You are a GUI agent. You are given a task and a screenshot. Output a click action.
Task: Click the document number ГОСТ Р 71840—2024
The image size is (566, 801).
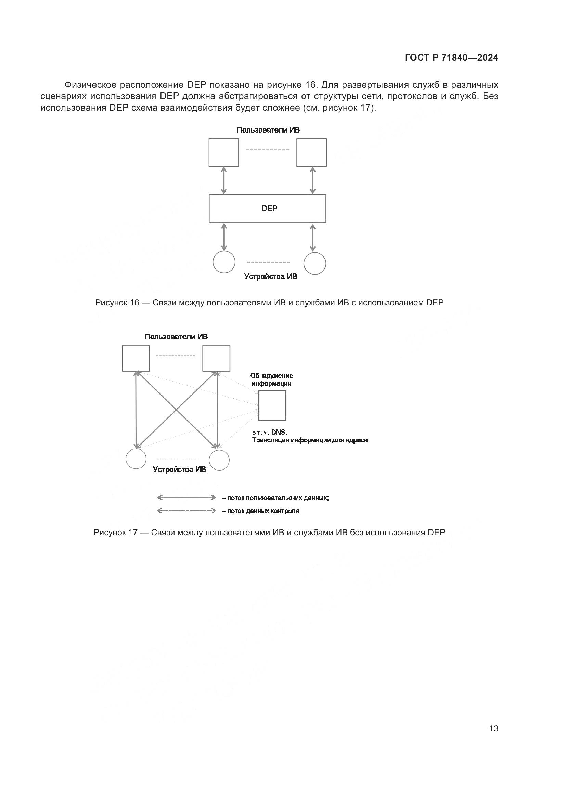coord(451,58)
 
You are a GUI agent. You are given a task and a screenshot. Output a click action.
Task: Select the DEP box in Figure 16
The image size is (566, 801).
coord(267,208)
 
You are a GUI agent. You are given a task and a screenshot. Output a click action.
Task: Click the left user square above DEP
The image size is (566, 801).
coord(224,152)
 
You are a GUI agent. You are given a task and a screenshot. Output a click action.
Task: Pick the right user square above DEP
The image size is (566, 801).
coord(312,152)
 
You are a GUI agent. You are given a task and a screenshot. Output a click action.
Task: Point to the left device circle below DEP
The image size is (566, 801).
coord(224,262)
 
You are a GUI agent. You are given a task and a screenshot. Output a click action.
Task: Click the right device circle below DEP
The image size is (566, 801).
coord(315,263)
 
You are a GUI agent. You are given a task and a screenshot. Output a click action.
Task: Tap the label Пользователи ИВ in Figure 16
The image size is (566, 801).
coord(268,130)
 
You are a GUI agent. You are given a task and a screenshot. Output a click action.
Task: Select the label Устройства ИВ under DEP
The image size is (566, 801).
coord(270,277)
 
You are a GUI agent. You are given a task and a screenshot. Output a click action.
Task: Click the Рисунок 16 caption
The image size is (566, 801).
coord(269,303)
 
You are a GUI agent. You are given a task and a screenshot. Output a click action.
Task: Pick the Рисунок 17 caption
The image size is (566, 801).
coord(269,533)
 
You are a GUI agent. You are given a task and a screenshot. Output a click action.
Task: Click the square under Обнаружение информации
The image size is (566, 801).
coord(272,405)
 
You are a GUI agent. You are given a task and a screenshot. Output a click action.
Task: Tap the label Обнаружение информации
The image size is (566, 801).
coord(271,379)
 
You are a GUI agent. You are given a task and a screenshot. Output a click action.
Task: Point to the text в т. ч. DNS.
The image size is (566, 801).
coord(269,433)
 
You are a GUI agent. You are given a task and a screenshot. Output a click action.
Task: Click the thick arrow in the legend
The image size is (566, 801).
coord(186,498)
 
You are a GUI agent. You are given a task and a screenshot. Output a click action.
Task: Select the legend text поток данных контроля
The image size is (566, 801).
coord(263,511)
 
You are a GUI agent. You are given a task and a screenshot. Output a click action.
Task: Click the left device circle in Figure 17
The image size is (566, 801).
coord(136,459)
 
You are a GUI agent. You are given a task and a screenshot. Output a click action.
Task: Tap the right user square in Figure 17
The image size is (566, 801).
coord(216,358)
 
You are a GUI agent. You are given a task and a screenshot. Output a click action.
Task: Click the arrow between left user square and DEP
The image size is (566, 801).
coord(224,180)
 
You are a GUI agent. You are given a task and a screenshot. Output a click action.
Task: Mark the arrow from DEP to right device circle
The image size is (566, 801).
coord(313,238)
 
